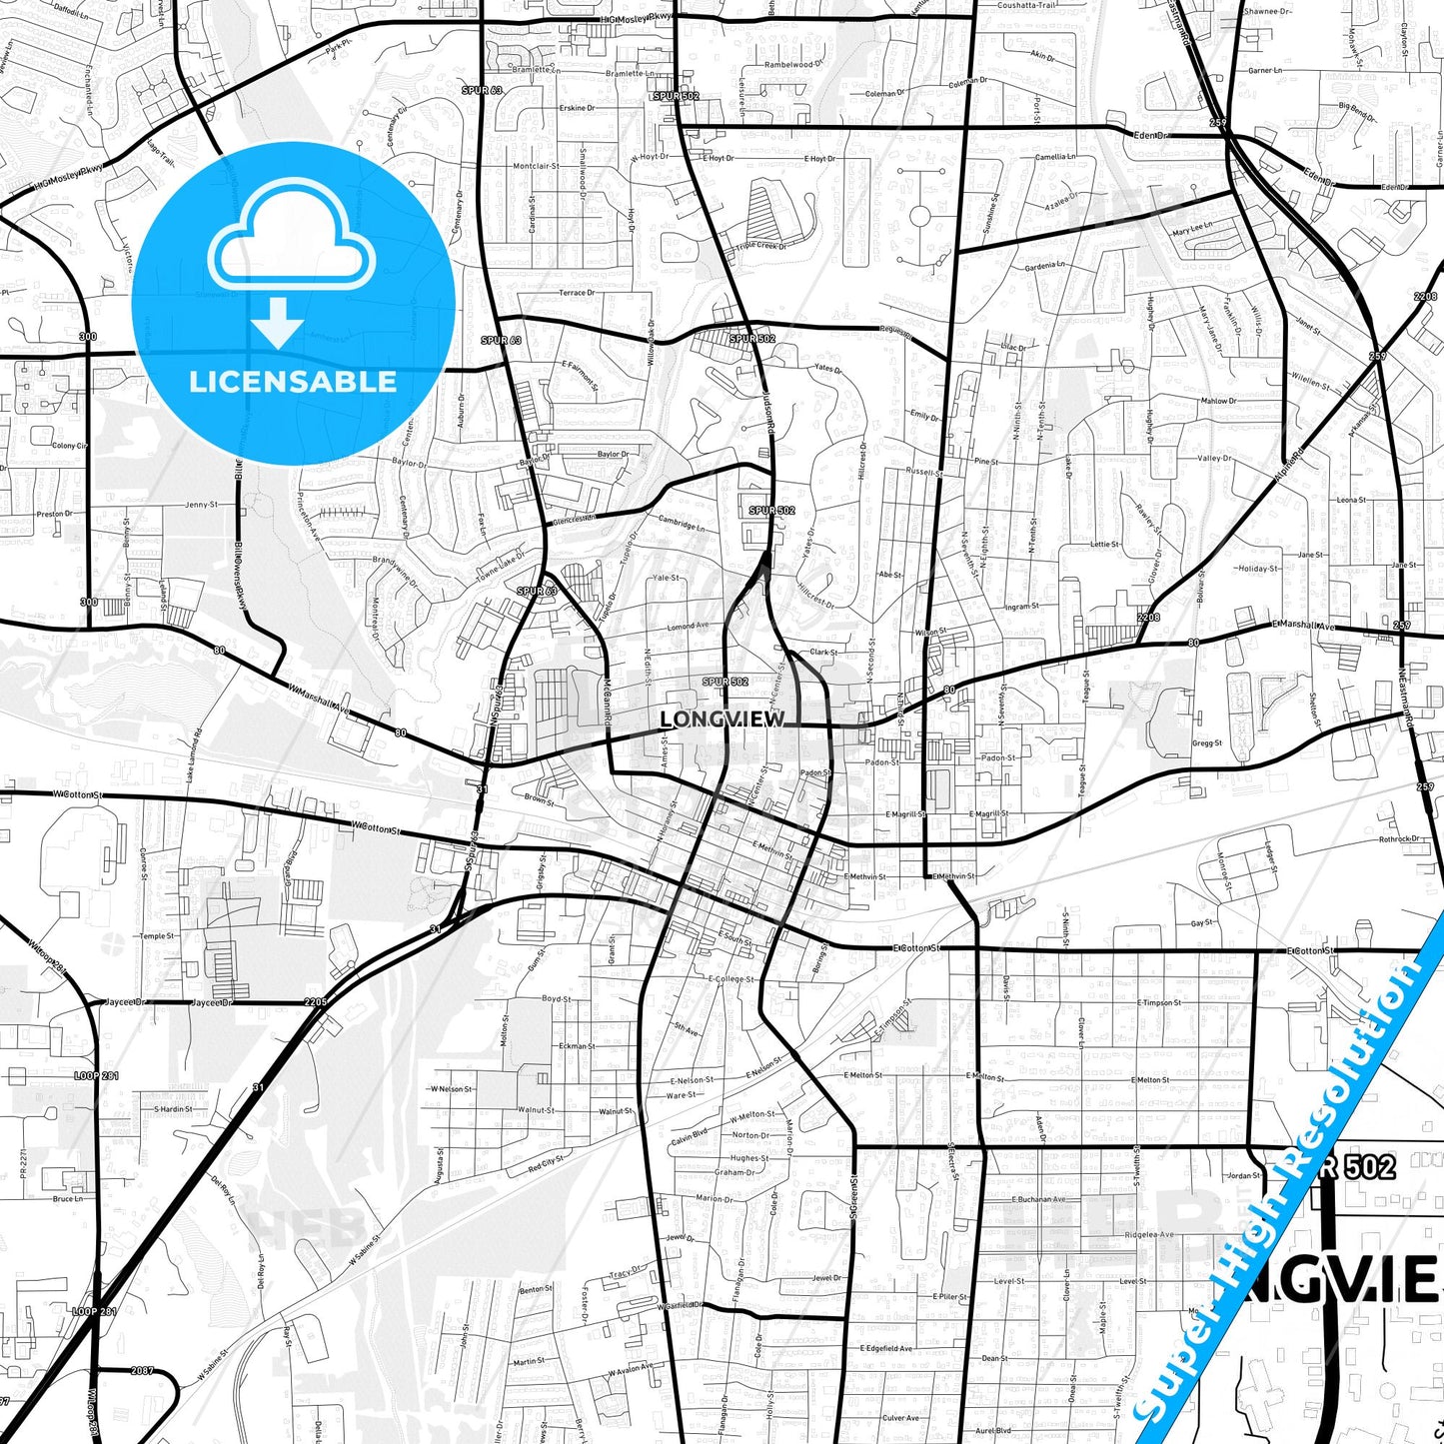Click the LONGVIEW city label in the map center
[x=722, y=719]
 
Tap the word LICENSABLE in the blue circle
[x=293, y=382]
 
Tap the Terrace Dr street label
[x=577, y=293]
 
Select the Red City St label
[x=547, y=1163]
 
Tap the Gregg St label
[x=1206, y=743]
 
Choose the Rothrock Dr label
[x=1399, y=838]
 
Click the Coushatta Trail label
[x=1026, y=6]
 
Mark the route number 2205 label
[x=316, y=1001]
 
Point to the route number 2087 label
[x=142, y=1370]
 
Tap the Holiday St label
[x=1258, y=569]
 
